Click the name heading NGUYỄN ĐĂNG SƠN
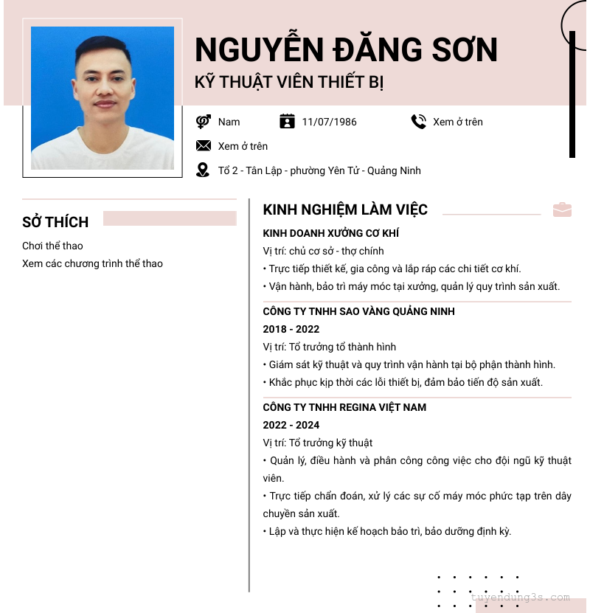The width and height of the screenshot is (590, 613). pyautogui.click(x=346, y=50)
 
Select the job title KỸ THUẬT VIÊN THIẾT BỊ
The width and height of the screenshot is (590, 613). pyautogui.click(x=289, y=82)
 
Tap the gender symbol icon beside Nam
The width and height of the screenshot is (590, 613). pyautogui.click(x=203, y=122)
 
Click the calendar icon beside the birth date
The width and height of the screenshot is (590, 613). pyautogui.click(x=287, y=122)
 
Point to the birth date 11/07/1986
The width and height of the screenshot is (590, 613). pyautogui.click(x=329, y=122)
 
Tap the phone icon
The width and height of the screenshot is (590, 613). pyautogui.click(x=418, y=122)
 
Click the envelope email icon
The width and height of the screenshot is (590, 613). pyautogui.click(x=203, y=146)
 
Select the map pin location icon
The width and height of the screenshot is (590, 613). pyautogui.click(x=203, y=170)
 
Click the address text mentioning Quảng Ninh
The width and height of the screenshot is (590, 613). pyautogui.click(x=319, y=170)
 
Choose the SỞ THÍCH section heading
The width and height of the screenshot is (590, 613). pyautogui.click(x=55, y=222)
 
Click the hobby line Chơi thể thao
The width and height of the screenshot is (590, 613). pyautogui.click(x=52, y=246)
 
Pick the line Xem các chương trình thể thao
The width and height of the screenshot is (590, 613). pyautogui.click(x=92, y=263)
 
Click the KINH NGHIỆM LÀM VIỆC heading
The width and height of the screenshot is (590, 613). pyautogui.click(x=345, y=210)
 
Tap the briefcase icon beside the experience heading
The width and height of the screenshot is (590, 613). pyautogui.click(x=562, y=209)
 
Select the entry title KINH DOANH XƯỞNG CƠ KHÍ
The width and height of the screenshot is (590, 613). pyautogui.click(x=330, y=233)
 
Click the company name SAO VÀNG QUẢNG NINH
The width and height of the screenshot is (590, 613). pyautogui.click(x=358, y=311)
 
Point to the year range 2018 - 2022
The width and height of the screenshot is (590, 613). pyautogui.click(x=291, y=329)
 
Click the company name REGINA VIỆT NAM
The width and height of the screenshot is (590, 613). pyautogui.click(x=344, y=407)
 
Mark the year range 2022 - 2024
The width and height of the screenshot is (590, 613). pyautogui.click(x=291, y=425)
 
